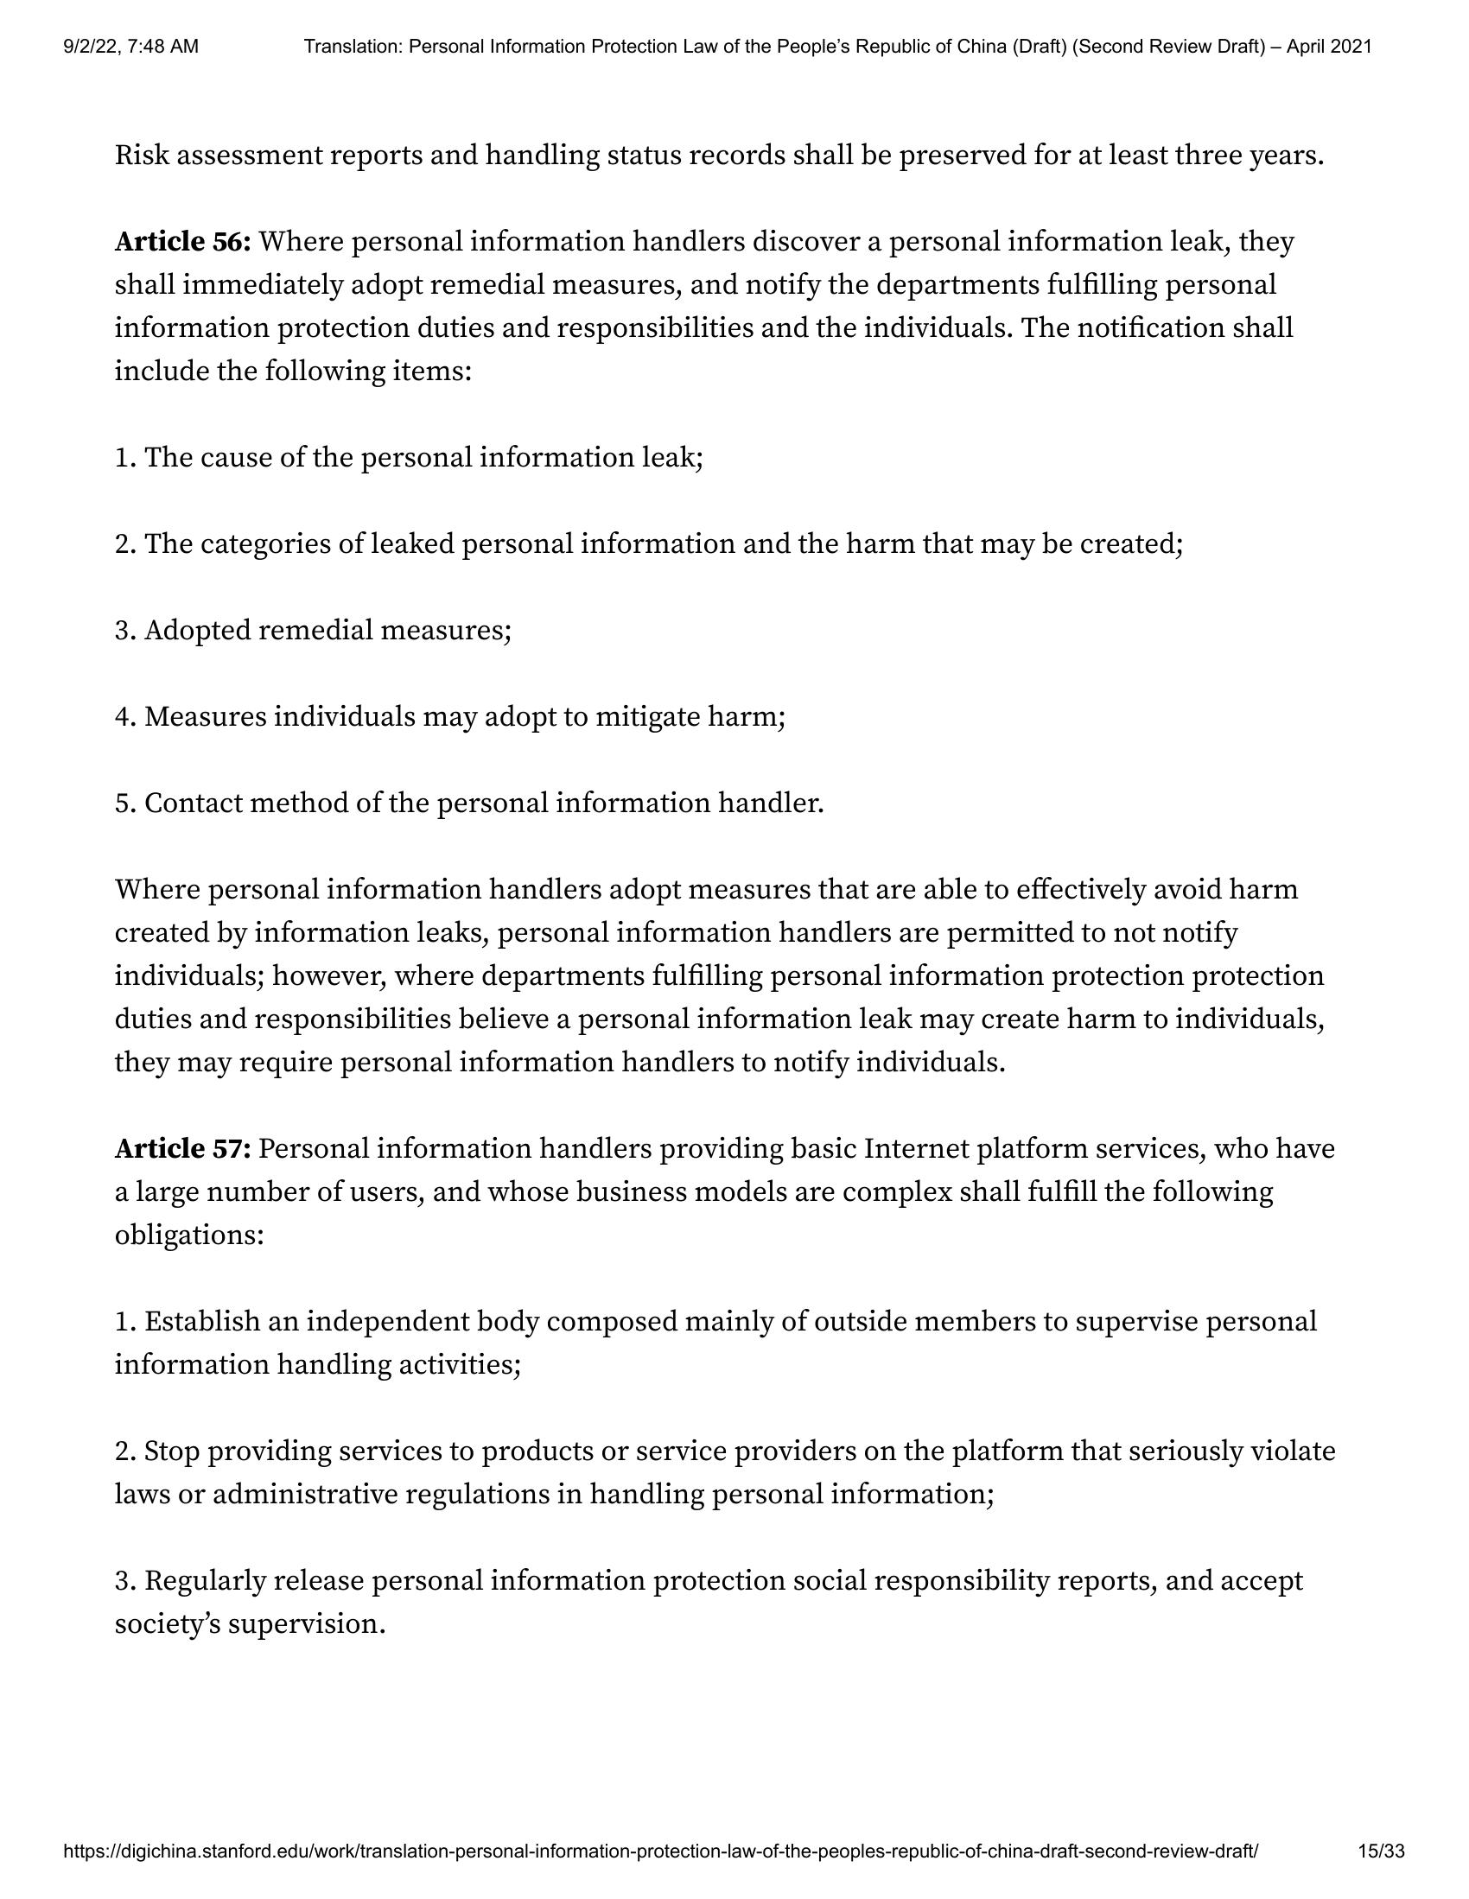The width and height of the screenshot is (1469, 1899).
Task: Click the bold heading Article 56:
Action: click(182, 242)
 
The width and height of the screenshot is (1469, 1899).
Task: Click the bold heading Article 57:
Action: click(182, 1148)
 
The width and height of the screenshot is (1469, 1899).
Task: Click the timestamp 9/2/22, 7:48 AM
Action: click(130, 46)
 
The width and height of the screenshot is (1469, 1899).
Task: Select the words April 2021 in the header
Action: click(1329, 46)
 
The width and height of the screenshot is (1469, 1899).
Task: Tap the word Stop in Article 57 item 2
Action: click(172, 1451)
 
